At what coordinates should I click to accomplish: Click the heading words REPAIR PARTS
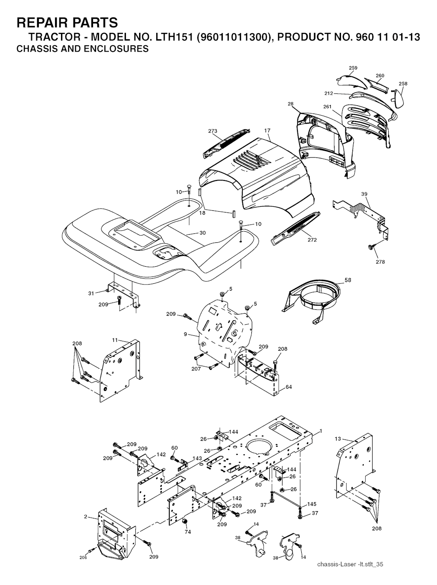(67, 23)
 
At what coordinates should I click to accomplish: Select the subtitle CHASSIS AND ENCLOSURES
(83, 49)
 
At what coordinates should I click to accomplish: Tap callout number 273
(213, 131)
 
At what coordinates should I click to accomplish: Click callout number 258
(403, 84)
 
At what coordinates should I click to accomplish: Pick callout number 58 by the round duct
(348, 280)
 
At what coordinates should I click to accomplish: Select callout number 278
(380, 262)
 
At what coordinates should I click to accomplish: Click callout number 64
(288, 387)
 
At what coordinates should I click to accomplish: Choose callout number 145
(312, 504)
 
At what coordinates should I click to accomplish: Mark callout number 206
(83, 557)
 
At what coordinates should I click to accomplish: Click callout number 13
(338, 438)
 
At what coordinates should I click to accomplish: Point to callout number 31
(91, 294)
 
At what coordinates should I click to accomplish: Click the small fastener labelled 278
(371, 247)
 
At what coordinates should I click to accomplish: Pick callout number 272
(312, 240)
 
